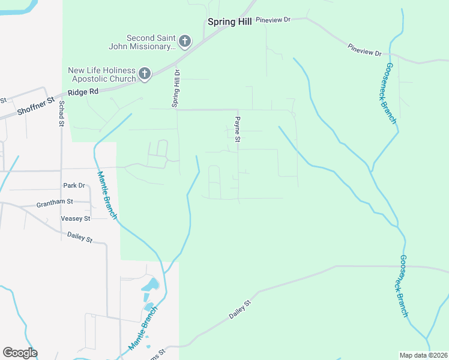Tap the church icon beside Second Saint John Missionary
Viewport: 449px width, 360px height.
tap(185, 41)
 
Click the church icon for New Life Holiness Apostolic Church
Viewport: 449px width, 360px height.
tap(144, 74)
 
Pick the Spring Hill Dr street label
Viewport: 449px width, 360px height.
tap(176, 88)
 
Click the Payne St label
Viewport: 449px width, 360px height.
tap(238, 130)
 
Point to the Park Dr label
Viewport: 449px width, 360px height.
tap(74, 185)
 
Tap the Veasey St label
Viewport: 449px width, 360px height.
tap(75, 218)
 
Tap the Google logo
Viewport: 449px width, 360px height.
tap(20, 353)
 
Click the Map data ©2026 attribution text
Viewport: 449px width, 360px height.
tap(423, 355)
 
